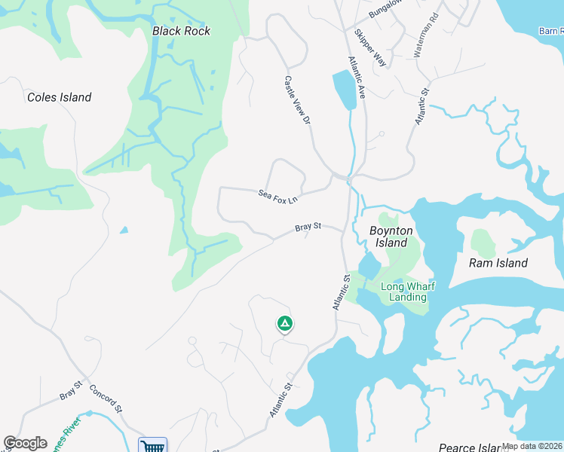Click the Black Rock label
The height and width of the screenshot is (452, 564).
coord(181,31)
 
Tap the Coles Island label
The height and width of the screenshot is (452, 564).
coord(59,97)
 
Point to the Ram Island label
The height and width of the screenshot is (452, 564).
coord(498,263)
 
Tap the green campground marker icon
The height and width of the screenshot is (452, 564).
coord(284,324)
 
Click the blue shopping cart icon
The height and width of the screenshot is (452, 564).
coord(152,446)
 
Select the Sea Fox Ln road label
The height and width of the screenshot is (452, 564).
coord(278,198)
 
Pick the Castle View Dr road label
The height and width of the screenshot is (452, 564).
coord(297,99)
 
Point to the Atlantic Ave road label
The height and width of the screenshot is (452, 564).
coord(357,78)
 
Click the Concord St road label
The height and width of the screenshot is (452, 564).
coord(106,399)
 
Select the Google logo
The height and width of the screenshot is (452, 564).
coord(25,443)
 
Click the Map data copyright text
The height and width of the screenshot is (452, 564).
coord(532,446)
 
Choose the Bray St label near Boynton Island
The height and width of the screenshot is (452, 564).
coord(308,226)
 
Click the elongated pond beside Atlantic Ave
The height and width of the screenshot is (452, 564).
coord(343,90)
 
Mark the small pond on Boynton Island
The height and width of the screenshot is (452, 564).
coord(369,266)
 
